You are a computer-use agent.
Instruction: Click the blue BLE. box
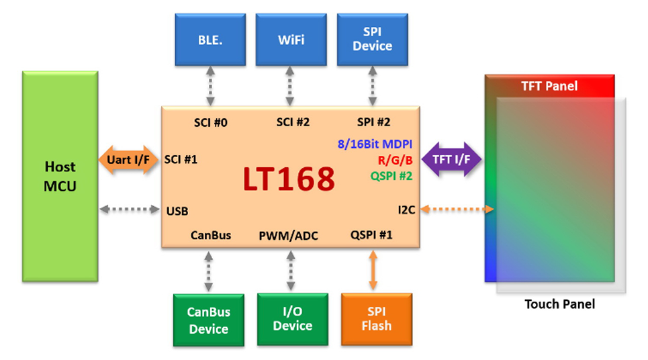click(x=210, y=40)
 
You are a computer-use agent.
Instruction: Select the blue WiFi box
click(x=291, y=40)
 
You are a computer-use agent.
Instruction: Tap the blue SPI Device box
click(x=372, y=40)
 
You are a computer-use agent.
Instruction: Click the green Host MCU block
click(x=60, y=176)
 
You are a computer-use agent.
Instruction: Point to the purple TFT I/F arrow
click(x=451, y=159)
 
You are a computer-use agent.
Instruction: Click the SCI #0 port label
click(x=210, y=122)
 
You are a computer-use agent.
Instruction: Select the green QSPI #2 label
click(x=391, y=176)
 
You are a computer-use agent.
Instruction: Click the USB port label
click(x=177, y=211)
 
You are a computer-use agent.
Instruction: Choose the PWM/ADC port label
click(x=289, y=236)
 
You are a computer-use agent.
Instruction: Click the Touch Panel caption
click(x=559, y=304)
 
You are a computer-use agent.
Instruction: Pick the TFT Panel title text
click(x=549, y=86)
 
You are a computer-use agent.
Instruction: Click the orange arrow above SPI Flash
click(x=373, y=271)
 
